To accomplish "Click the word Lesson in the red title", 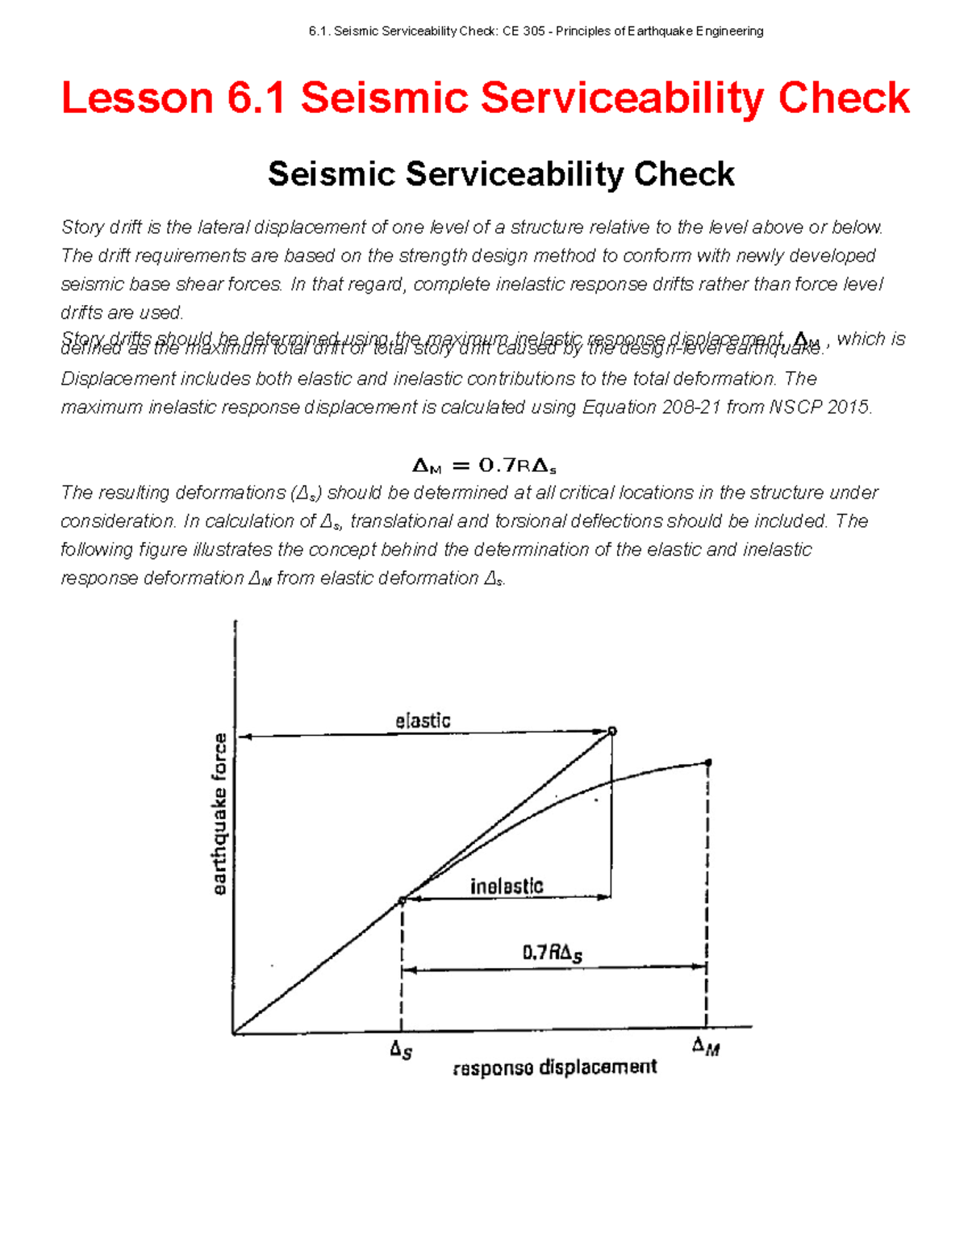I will click(x=137, y=98).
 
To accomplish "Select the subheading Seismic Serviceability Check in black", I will click(x=500, y=174).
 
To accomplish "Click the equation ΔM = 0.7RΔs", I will click(x=484, y=466).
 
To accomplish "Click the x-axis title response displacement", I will click(x=555, y=1067).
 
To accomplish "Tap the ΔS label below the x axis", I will click(x=401, y=1050).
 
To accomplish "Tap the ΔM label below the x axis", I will click(x=706, y=1046).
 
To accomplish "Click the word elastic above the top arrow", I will click(x=423, y=720).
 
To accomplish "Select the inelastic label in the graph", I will click(x=507, y=886).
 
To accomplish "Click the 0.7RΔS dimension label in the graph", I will click(x=552, y=953).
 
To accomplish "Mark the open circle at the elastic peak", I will click(x=612, y=731).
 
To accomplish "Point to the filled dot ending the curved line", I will click(x=708, y=762).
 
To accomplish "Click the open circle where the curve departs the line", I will click(x=402, y=900).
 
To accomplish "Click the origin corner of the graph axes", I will click(x=234, y=1033).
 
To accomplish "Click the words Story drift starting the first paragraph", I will click(x=102, y=228).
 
